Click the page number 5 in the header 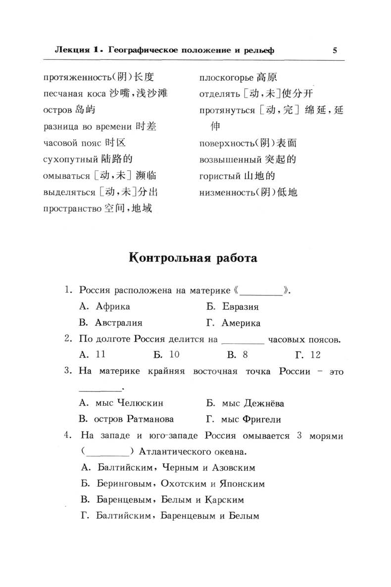[335, 50]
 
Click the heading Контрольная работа [193, 258]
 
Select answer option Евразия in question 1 [240, 306]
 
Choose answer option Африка [113, 306]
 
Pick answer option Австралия [119, 323]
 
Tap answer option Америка [241, 323]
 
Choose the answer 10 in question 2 [174, 354]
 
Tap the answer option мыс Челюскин [130, 403]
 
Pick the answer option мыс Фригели [251, 419]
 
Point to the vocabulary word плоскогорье [226, 77]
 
